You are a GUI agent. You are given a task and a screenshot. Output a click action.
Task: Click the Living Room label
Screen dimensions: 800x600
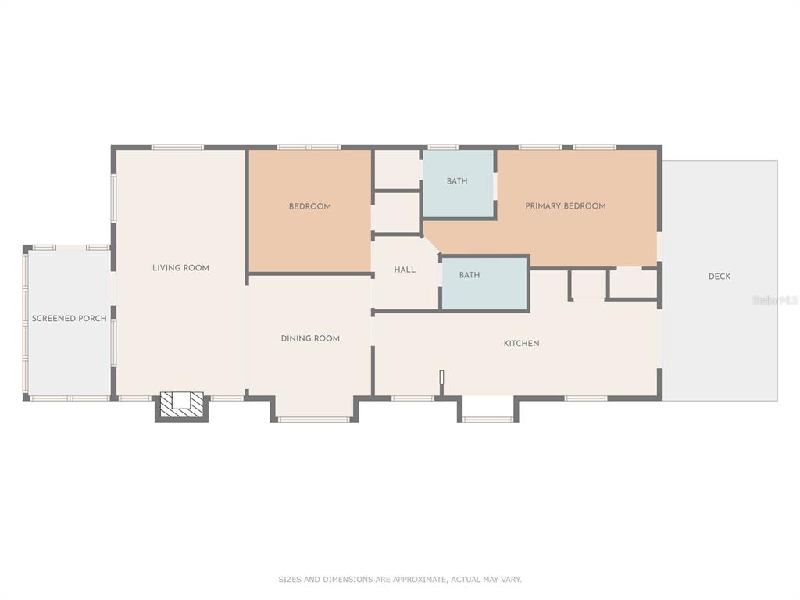point(180,268)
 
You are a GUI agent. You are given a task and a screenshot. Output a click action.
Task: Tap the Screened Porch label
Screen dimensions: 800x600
point(70,319)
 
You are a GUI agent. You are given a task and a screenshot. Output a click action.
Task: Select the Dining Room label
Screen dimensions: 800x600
point(310,338)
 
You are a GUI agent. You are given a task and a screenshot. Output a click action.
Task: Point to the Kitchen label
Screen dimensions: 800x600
point(521,344)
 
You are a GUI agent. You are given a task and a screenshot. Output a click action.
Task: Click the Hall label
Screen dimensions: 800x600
point(405,270)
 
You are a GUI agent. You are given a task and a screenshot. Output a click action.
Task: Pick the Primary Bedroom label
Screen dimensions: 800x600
point(566,206)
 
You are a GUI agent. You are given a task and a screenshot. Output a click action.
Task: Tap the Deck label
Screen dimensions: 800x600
point(720,277)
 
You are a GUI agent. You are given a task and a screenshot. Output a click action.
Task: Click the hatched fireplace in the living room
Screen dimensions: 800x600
point(181,406)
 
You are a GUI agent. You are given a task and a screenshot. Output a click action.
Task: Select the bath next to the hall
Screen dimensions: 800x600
point(484,284)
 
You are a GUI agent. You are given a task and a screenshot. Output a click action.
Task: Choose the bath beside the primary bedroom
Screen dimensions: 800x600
point(458,183)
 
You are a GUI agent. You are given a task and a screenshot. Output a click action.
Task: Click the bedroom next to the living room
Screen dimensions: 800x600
point(309,211)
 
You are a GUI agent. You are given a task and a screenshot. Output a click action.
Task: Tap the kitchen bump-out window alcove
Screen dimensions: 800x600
point(487,409)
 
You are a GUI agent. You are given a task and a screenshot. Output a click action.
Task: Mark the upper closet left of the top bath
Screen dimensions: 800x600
point(398,170)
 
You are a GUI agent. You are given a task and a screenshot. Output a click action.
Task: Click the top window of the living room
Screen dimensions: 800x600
point(177,148)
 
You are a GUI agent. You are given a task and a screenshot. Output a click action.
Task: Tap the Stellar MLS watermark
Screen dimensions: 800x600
point(775,301)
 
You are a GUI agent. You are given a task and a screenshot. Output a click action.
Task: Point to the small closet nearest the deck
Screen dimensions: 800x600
point(633,284)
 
